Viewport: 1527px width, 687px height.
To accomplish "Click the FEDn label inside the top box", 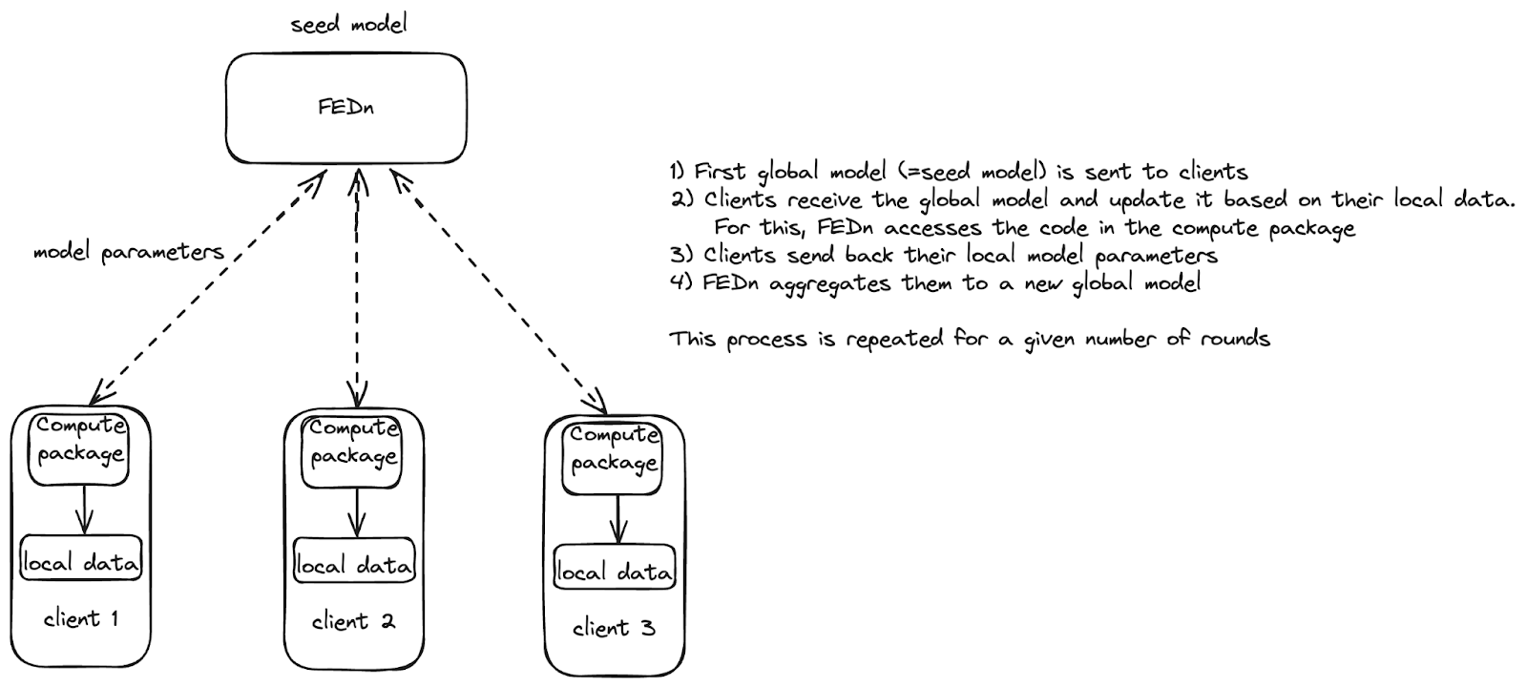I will click(x=346, y=106).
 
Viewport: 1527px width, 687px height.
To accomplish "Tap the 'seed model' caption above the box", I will click(x=349, y=23).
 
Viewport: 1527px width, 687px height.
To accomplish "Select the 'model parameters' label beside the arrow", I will click(x=129, y=252).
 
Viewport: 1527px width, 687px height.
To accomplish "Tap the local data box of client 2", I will click(x=354, y=564).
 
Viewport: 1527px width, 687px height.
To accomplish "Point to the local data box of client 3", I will click(x=615, y=571).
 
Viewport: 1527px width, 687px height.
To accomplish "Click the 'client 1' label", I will click(x=81, y=618).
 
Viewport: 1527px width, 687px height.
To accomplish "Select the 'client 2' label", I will click(x=354, y=622).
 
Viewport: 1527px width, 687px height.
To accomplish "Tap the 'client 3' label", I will click(x=614, y=628).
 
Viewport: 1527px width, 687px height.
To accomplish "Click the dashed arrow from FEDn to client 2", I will click(x=357, y=286).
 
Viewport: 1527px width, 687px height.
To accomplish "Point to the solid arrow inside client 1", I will click(x=84, y=510).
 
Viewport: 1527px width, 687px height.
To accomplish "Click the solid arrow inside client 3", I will click(x=617, y=519).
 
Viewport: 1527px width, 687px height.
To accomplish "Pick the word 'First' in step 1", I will click(x=721, y=172).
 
